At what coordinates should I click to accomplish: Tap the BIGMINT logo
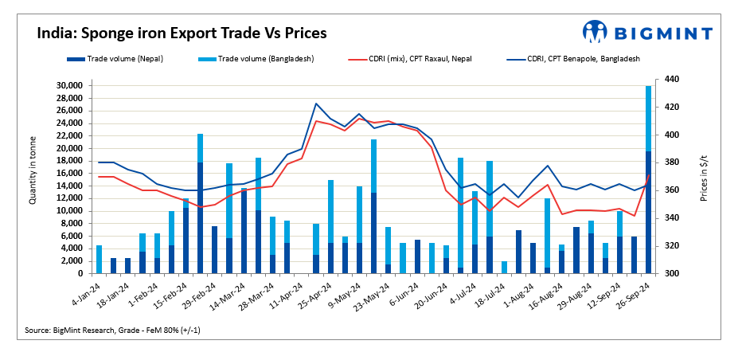pos(646,32)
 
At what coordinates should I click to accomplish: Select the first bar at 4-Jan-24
pos(100,260)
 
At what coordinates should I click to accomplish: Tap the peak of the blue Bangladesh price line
pos(316,104)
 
